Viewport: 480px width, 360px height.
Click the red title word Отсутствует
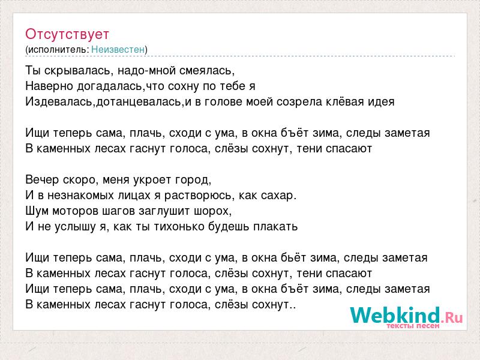pos(67,34)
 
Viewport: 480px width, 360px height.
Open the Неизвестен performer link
pos(118,49)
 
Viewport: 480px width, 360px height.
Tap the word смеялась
pos(207,71)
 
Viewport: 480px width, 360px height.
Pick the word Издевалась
pos(59,102)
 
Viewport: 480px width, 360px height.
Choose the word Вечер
pos(42,179)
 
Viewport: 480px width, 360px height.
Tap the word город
pos(193,180)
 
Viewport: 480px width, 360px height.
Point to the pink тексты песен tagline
pos(413,326)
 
